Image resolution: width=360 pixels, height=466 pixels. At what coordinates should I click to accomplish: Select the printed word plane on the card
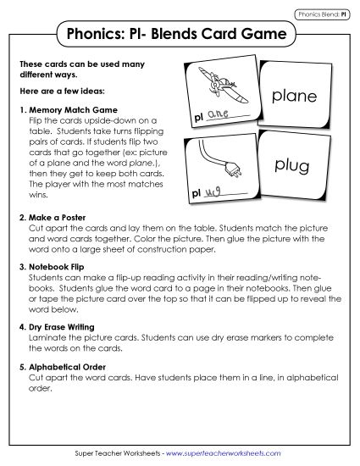(x=294, y=97)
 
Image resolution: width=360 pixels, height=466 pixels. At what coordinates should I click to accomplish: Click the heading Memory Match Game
(x=70, y=109)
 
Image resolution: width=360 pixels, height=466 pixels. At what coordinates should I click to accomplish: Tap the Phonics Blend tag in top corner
(x=317, y=14)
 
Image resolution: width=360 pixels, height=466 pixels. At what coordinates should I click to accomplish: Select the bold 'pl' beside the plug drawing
(x=194, y=195)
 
